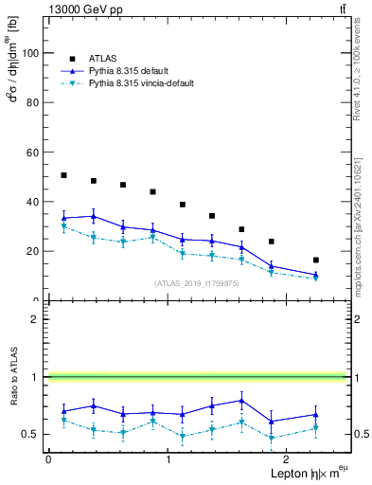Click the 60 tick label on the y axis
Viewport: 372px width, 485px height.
coord(34,153)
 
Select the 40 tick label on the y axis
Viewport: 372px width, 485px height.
coord(34,202)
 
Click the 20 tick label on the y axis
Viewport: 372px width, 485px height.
coord(34,251)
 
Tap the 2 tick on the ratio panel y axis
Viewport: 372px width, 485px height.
coord(37,319)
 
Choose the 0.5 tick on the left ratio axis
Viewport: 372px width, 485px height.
coord(32,434)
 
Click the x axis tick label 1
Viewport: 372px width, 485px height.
coord(168,459)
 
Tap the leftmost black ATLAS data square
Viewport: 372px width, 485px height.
coord(63,175)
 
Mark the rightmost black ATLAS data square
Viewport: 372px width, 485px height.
coord(316,260)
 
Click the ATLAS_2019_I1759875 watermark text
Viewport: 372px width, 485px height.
coord(198,282)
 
